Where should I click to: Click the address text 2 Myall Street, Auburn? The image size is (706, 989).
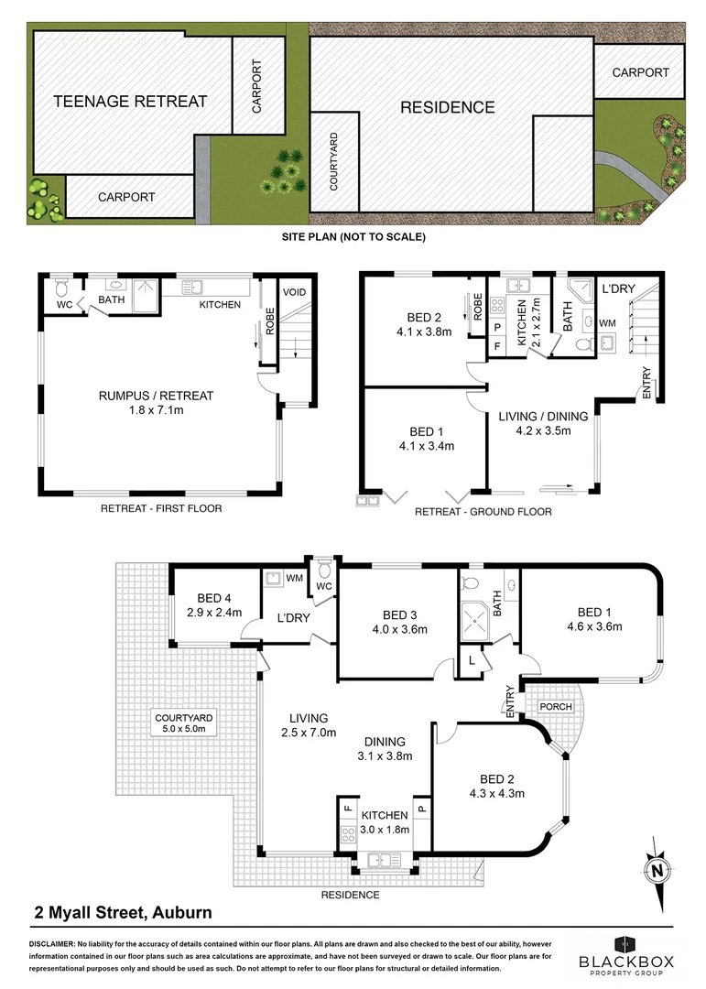123,912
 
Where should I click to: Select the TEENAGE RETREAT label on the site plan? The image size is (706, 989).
130,101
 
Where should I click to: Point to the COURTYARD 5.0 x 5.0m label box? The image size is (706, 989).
183,723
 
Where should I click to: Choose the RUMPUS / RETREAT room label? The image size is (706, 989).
156,403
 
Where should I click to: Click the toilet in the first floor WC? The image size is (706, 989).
62,288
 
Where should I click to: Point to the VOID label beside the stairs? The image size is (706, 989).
294,292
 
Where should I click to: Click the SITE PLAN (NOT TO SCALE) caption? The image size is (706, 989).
353,236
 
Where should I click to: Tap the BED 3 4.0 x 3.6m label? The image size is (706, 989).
400,622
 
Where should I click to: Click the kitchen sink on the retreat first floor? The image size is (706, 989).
191,287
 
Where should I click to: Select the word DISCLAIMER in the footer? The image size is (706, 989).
57,942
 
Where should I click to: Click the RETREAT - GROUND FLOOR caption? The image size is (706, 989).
483,511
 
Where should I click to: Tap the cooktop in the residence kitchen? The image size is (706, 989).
348,834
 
